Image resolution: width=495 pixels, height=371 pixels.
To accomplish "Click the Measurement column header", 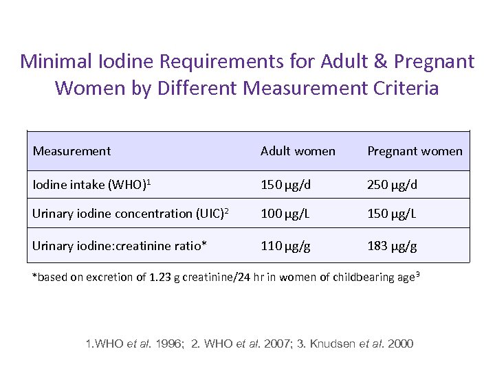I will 71,151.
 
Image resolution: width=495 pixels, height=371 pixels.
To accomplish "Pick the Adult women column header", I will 298,151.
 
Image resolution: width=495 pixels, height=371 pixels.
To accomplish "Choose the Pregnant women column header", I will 415,151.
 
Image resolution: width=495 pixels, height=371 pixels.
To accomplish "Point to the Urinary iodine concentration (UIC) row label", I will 130,214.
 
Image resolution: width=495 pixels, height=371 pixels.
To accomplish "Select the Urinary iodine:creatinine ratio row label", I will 119,245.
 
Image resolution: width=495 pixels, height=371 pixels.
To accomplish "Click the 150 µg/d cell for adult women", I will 285,185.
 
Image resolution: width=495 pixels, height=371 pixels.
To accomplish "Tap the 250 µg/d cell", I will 392,185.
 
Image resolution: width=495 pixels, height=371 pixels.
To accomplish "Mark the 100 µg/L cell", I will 285,214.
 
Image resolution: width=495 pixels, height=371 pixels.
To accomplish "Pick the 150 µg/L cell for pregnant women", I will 392,214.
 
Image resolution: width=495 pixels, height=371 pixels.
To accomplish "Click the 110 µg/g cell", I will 285,245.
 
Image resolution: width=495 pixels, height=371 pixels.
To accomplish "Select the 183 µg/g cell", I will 392,245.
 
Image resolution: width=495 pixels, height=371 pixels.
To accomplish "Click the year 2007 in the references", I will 274,343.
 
